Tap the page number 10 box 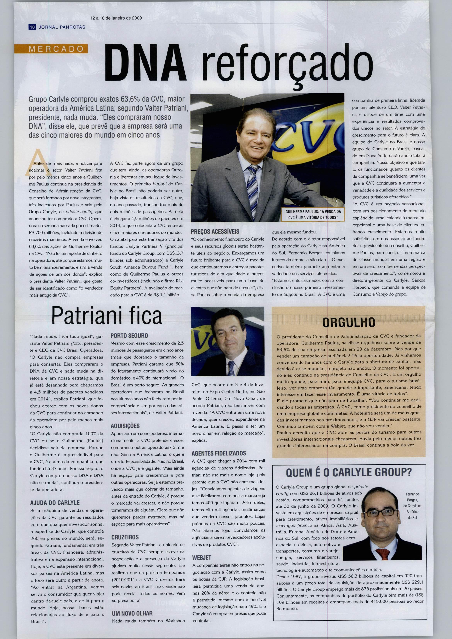[x=32, y=27]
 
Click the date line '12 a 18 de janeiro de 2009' [x=116, y=18]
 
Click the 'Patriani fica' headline [x=107, y=316]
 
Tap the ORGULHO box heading [x=348, y=322]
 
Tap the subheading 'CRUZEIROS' [x=125, y=537]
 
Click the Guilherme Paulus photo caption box [x=313, y=214]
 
